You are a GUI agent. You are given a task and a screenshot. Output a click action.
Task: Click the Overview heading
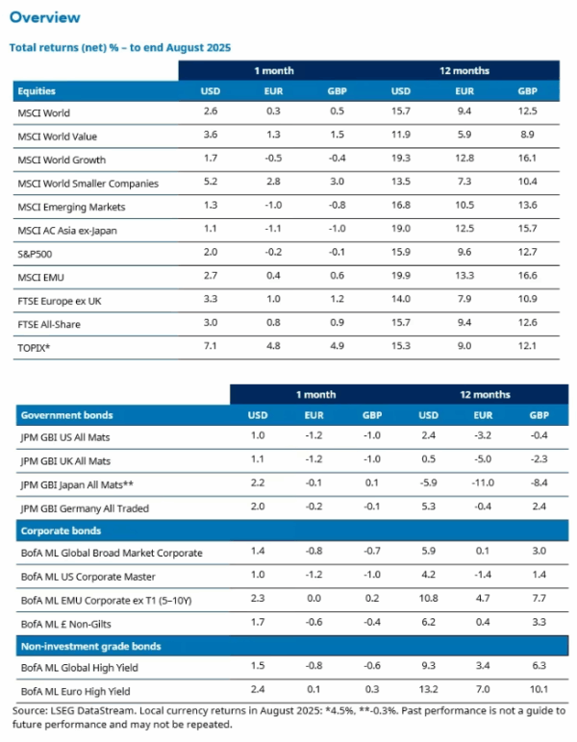(44, 17)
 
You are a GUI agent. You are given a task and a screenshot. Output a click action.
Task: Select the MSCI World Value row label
(57, 136)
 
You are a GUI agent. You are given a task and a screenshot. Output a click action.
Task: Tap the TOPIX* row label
(35, 348)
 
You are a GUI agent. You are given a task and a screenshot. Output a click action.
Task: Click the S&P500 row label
(36, 254)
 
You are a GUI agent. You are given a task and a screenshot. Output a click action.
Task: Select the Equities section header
(37, 91)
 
